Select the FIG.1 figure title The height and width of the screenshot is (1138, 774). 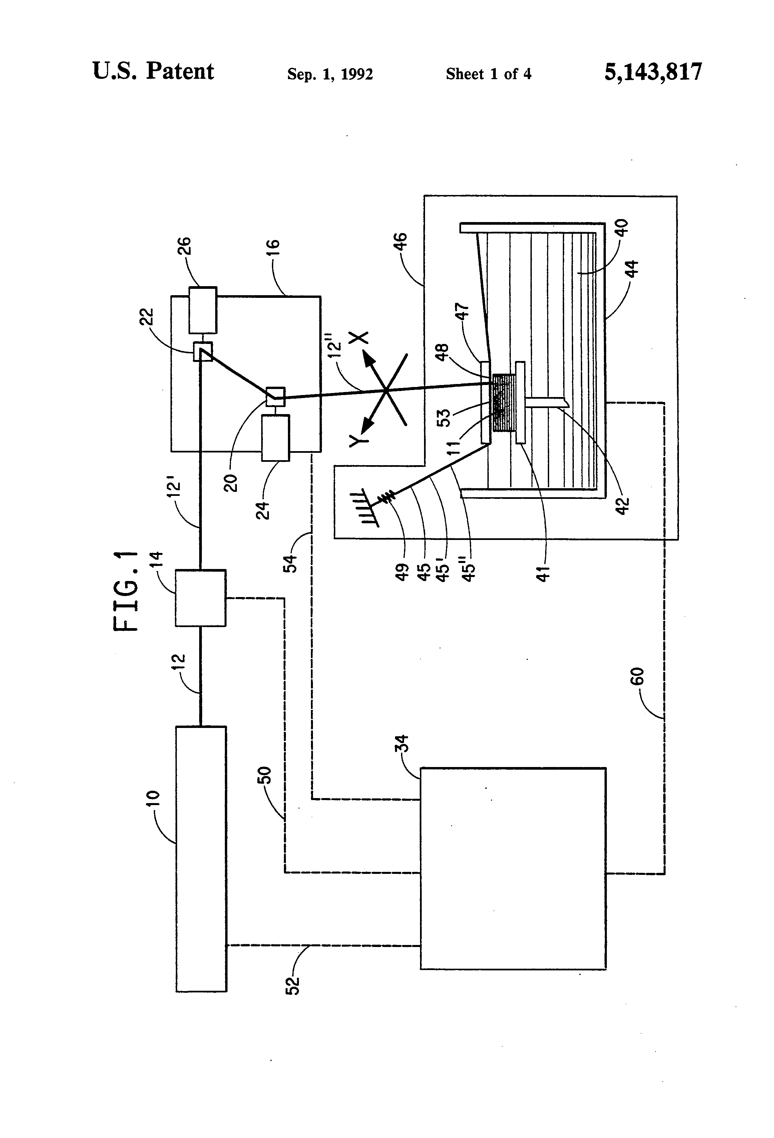coord(126,591)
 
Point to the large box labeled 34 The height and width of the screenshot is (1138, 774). coord(513,868)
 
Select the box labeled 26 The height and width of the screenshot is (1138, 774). coord(203,310)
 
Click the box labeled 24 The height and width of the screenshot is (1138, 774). coord(276,437)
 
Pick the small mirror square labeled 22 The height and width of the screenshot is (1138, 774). coord(203,351)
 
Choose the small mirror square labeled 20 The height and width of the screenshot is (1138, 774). coord(275,396)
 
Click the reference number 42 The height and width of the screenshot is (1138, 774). coord(622,505)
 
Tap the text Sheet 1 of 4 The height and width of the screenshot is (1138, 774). coord(488,74)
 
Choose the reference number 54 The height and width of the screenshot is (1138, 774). coord(291,563)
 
